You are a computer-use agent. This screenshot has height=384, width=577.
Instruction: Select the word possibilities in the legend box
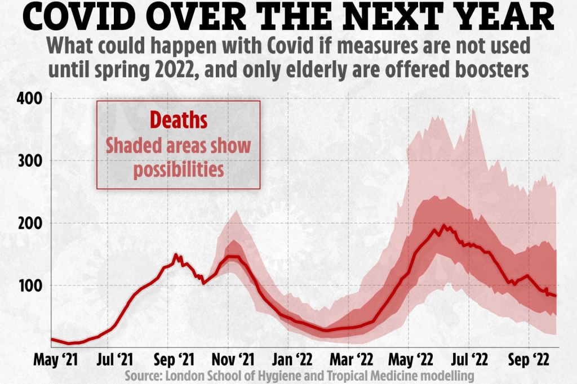pyautogui.click(x=178, y=169)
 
